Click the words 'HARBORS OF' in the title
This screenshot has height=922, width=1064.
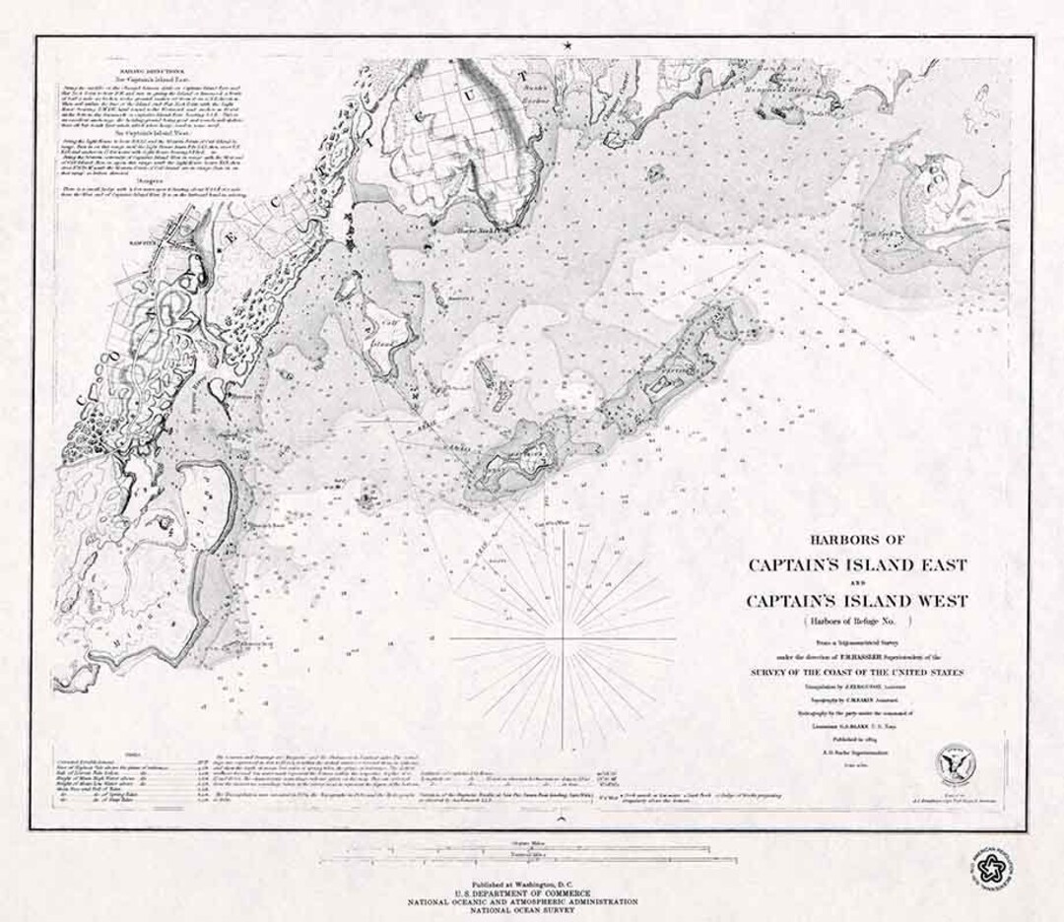tap(856, 539)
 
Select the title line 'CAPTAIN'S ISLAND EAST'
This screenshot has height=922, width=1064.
tap(857, 564)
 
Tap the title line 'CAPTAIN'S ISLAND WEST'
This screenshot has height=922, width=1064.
tap(856, 600)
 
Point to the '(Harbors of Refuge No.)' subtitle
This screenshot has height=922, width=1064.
tap(856, 621)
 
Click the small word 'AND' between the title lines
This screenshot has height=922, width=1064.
tap(856, 582)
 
